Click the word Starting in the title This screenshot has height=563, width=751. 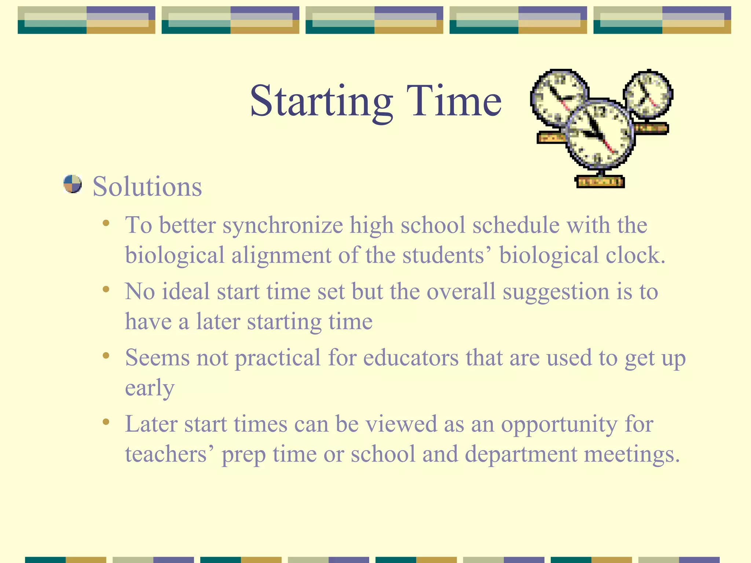[321, 101]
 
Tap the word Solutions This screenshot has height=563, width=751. [147, 187]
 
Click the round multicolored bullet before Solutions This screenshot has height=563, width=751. [72, 184]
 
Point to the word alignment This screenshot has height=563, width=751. [281, 255]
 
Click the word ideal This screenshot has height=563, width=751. [186, 292]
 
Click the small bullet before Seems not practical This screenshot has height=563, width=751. [106, 356]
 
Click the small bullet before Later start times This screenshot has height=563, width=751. [106, 422]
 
